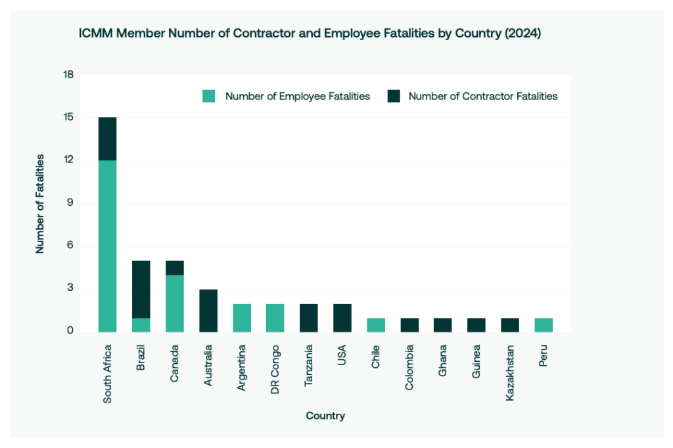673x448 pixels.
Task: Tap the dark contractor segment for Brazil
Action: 141,289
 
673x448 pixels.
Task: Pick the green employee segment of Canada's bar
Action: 174,303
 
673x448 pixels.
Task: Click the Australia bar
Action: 208,311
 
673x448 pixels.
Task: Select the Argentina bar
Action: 241,318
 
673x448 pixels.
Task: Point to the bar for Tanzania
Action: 308,318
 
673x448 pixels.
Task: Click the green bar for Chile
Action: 375,325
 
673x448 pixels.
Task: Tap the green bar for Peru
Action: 543,325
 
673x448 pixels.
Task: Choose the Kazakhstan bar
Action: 509,325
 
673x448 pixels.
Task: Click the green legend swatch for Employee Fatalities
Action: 208,97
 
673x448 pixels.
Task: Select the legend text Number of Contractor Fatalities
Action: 483,97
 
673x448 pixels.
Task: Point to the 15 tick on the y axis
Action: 68,118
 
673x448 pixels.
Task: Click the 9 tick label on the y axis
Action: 68,203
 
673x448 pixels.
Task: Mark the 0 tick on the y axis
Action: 68,331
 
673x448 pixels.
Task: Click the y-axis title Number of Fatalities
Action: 40,203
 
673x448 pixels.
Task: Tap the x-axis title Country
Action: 325,416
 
